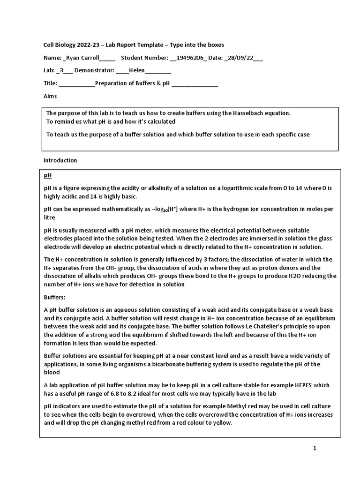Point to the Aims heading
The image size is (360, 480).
[x=50, y=96]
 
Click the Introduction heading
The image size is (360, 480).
[x=60, y=160]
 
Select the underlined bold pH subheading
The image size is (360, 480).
[x=47, y=175]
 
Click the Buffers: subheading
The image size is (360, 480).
[x=54, y=297]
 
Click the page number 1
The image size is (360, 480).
[x=315, y=449]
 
